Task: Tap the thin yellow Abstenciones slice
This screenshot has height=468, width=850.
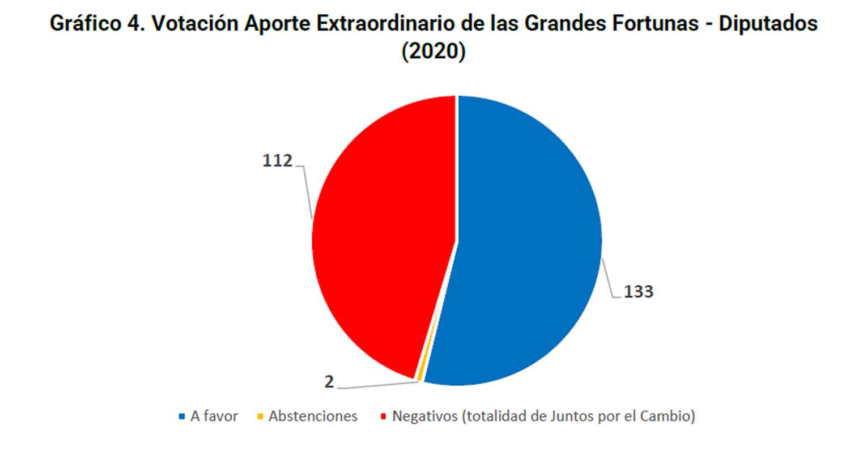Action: [x=420, y=374]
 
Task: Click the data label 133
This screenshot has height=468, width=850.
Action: [x=638, y=292]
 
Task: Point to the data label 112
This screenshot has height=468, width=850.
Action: [x=277, y=161]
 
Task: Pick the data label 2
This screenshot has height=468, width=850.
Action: [x=329, y=382]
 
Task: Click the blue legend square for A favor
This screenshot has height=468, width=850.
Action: [x=182, y=416]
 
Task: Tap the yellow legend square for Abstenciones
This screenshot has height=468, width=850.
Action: [x=260, y=416]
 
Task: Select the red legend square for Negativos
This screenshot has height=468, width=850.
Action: [x=383, y=416]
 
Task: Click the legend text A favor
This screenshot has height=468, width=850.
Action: [x=214, y=416]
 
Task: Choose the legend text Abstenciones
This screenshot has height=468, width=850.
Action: [x=313, y=416]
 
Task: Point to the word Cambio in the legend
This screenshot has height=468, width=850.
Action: [x=665, y=416]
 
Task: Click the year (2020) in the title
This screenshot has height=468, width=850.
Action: [x=433, y=51]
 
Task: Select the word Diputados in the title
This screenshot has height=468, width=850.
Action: [x=768, y=24]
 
